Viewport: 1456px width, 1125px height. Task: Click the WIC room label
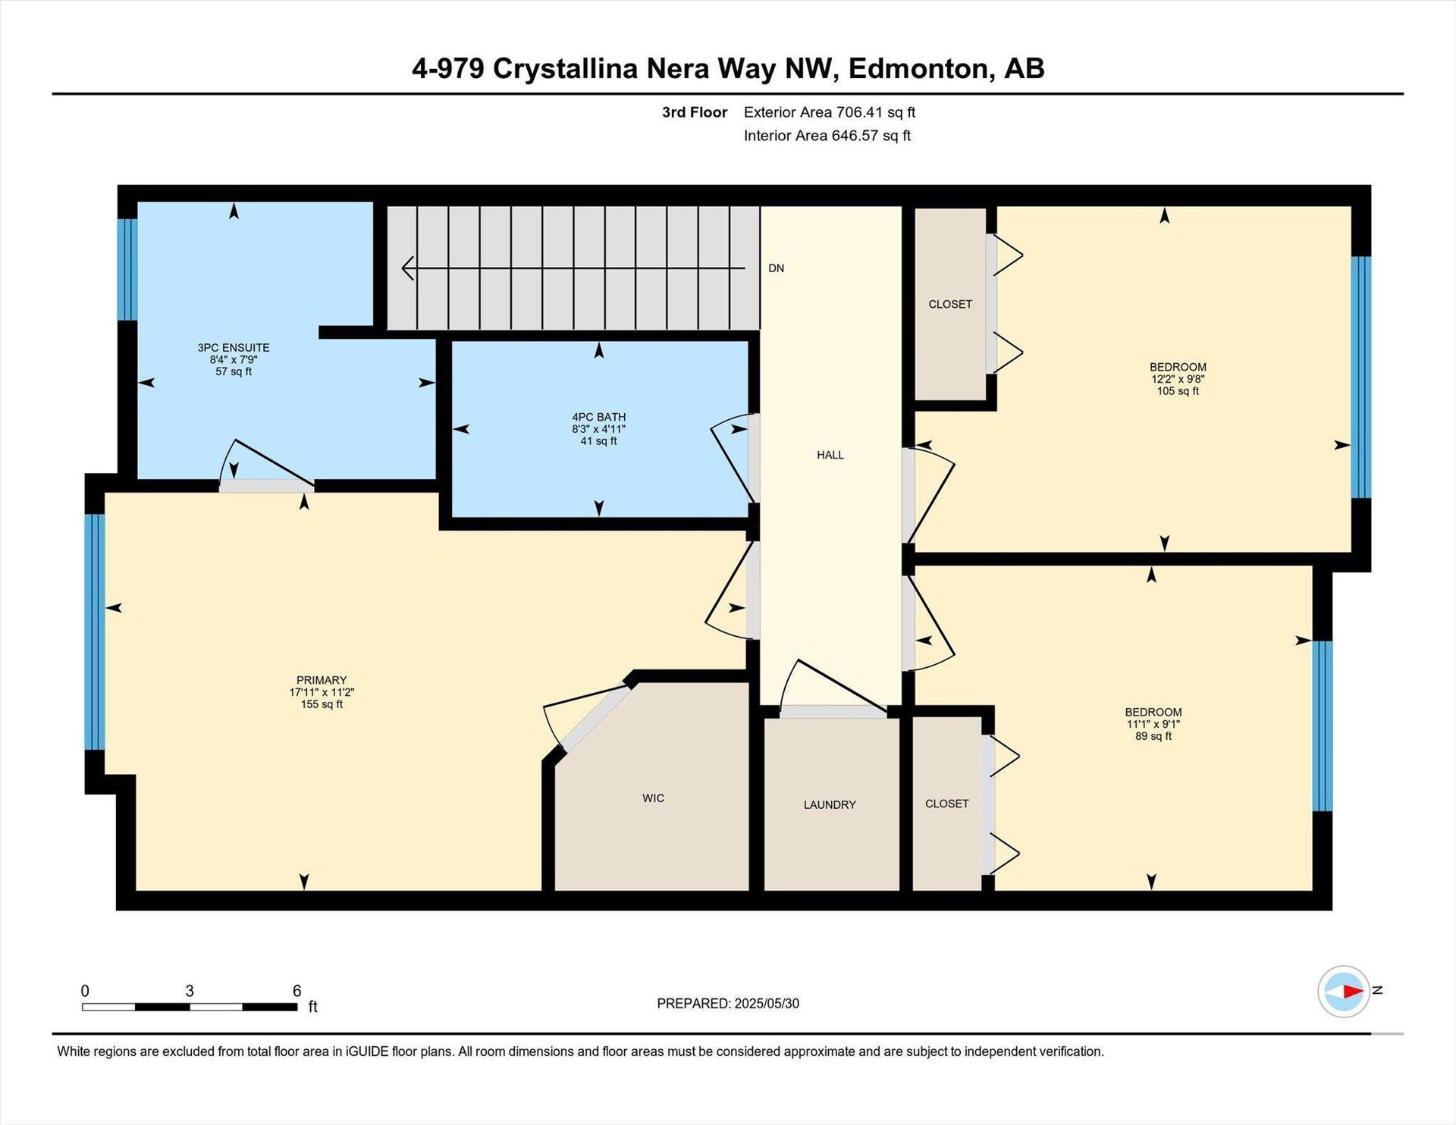point(653,798)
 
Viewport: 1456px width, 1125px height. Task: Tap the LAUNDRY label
point(830,805)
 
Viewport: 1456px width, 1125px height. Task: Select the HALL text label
point(830,455)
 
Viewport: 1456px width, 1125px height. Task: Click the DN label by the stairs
point(776,268)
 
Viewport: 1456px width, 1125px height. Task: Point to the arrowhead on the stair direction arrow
point(407,268)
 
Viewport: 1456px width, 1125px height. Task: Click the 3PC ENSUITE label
point(234,348)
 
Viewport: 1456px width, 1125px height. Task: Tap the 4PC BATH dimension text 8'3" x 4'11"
point(599,429)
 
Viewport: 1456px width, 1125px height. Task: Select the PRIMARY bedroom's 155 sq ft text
point(322,704)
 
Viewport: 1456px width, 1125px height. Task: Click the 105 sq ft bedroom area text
point(1178,391)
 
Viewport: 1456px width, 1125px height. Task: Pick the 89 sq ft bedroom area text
point(1153,736)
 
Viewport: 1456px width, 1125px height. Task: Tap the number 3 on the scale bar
point(190,991)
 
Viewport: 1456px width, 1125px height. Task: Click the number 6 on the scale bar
point(297,991)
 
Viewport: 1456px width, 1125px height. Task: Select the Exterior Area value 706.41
point(859,112)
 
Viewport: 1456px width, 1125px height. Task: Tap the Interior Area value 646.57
point(855,136)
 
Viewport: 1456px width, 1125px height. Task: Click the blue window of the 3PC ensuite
point(127,269)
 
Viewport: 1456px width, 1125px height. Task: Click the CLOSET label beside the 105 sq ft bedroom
point(950,304)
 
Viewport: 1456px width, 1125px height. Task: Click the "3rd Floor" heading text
point(695,112)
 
